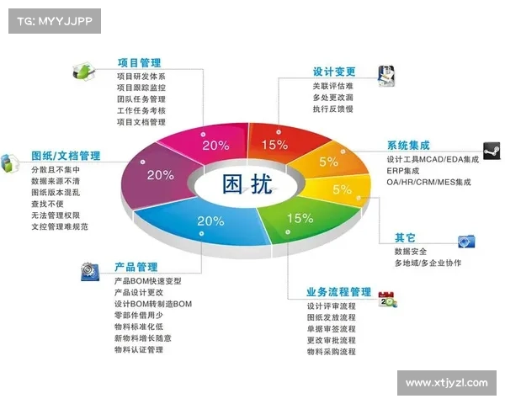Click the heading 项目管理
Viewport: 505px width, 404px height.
139,62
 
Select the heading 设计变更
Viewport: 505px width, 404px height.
333,72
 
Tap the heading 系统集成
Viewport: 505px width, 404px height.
408,145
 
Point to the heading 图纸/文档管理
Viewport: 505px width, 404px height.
66,156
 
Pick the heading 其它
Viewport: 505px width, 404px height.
407,237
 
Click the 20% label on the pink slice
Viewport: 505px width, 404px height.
215,144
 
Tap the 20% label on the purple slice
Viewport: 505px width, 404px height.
160,175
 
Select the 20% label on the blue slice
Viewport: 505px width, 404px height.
210,221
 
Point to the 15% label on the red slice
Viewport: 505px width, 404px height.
274,144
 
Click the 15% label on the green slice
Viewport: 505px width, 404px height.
300,218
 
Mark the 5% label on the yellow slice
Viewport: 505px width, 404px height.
342,189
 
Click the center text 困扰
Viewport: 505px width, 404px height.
247,183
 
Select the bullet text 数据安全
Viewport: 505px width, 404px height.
410,251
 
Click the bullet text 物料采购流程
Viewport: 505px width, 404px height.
332,352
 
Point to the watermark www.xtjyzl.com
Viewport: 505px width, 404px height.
446,383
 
